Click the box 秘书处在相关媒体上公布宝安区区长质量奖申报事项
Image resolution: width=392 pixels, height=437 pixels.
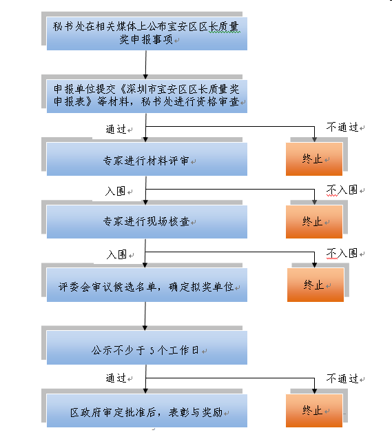[x=147, y=34]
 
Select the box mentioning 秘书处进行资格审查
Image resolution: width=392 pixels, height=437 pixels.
[x=147, y=96]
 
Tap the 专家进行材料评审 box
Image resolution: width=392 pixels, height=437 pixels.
[x=147, y=159]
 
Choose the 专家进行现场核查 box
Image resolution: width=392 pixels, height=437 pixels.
[x=147, y=222]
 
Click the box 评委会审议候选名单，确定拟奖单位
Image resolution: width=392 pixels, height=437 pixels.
[x=147, y=285]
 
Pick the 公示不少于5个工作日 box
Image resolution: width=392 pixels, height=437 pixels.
[x=147, y=347]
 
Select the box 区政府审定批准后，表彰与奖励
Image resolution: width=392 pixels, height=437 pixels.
[x=147, y=411]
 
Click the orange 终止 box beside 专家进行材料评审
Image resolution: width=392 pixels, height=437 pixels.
[x=314, y=159]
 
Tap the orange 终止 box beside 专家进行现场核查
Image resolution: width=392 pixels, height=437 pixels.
[x=314, y=222]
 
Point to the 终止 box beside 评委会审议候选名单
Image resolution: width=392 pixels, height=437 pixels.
[x=316, y=285]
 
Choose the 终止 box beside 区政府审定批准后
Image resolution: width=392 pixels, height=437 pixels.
[x=314, y=411]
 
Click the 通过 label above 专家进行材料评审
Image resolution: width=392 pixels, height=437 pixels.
[x=116, y=129]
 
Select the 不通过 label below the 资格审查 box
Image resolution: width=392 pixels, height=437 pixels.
[x=342, y=127]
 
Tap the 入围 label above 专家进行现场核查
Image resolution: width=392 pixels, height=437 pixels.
[x=116, y=191]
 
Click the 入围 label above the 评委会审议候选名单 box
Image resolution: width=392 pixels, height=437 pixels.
[x=116, y=254]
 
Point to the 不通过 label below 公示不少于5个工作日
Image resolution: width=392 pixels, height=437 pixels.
[x=342, y=378]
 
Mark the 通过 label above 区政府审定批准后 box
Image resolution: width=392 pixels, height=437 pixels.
[x=116, y=378]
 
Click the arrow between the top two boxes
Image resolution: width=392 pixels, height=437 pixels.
[x=146, y=65]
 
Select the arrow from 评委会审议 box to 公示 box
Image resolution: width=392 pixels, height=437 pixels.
[x=145, y=316]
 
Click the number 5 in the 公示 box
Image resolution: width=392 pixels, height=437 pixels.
[x=152, y=350]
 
